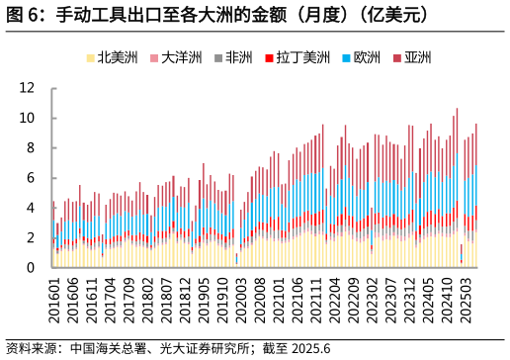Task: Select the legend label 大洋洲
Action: (x=181, y=57)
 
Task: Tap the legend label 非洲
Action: (x=238, y=57)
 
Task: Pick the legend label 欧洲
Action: (x=367, y=57)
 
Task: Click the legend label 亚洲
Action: (x=418, y=57)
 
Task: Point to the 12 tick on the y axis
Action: (x=27, y=88)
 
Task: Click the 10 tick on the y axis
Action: (x=27, y=118)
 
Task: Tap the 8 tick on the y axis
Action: (x=31, y=148)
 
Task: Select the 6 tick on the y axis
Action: (x=31, y=178)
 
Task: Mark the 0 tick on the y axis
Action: (x=31, y=268)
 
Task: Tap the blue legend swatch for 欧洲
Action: (x=346, y=58)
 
